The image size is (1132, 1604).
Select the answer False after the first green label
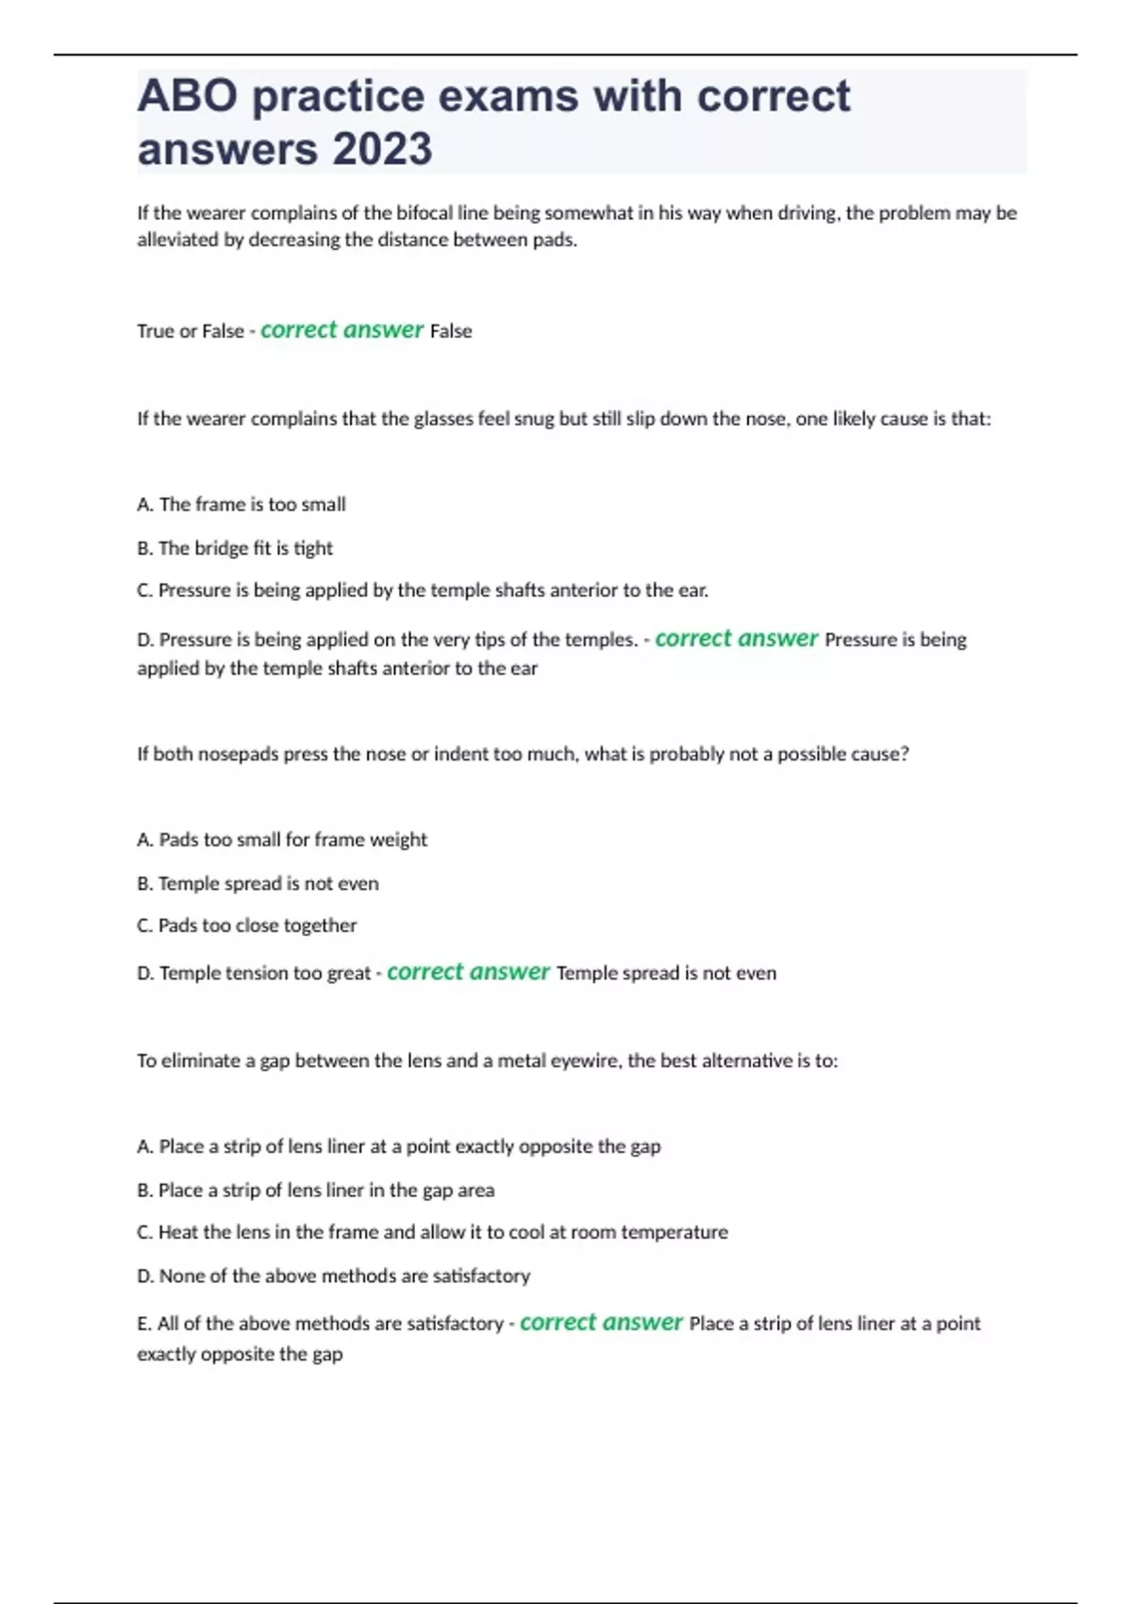point(451,331)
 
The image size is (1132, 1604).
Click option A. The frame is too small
point(241,505)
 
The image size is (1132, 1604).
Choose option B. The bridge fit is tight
point(235,548)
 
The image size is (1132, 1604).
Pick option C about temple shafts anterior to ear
point(423,591)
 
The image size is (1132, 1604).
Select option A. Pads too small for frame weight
point(282,840)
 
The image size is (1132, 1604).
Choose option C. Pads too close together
point(246,926)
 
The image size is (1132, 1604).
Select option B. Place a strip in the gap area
point(315,1191)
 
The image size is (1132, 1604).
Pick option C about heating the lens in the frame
point(432,1232)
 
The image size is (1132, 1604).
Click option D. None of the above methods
point(333,1277)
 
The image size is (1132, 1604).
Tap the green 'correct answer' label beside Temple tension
point(468,972)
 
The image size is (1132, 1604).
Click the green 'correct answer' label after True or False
point(341,330)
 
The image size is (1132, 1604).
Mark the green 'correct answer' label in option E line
point(601,1323)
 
